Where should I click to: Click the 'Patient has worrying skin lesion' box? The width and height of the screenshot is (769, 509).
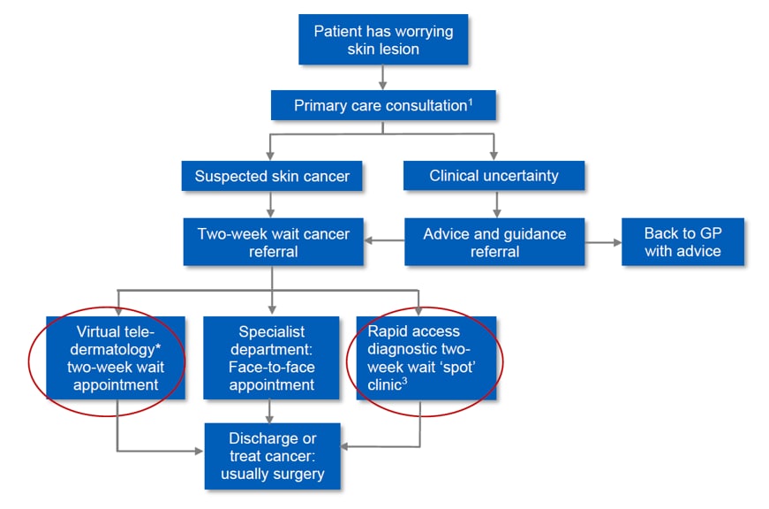click(383, 41)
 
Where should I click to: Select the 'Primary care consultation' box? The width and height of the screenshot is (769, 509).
click(383, 106)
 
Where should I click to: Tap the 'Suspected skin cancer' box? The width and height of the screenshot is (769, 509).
click(272, 176)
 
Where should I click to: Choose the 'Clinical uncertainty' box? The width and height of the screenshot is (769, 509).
click(494, 176)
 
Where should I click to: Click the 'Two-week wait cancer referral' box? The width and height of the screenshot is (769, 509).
click(272, 242)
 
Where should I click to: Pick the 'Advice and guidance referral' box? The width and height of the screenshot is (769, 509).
click(494, 242)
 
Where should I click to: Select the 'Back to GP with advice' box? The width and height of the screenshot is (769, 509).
click(682, 242)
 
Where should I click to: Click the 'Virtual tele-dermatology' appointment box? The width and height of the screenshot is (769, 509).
click(117, 357)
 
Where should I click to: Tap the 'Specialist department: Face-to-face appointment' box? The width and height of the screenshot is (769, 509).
click(272, 357)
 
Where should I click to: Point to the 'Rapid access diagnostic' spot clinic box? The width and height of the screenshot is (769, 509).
click(426, 357)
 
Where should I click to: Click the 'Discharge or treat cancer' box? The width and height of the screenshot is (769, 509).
click(272, 455)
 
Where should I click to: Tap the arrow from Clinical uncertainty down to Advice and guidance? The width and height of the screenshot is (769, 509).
click(494, 203)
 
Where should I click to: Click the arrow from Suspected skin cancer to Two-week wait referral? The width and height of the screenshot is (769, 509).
click(272, 203)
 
